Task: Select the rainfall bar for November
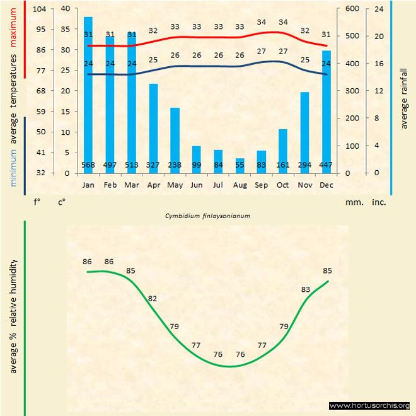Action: point(305,132)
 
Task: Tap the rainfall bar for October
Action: point(283,151)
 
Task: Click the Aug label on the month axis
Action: point(240,185)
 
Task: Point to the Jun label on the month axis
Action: point(197,185)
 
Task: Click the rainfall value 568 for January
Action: point(89,166)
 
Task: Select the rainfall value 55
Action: point(240,166)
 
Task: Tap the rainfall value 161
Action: point(283,166)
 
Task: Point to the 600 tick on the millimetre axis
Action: point(352,9)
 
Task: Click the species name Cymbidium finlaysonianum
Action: point(208,216)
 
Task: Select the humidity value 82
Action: point(153,298)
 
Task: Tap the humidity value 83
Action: point(306,289)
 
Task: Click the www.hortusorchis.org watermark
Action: point(369,405)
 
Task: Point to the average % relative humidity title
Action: point(13,315)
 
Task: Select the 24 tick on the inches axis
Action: point(379,9)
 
